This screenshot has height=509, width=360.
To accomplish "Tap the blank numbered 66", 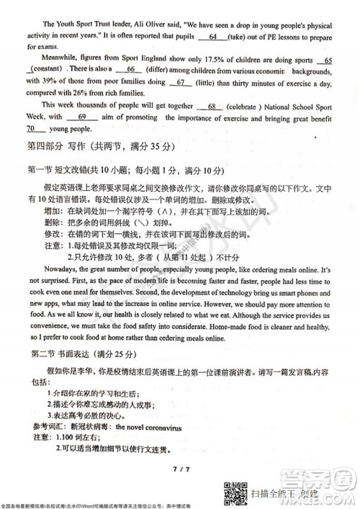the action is click(131, 69).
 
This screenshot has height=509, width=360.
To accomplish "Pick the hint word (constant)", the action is click(45, 69).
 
